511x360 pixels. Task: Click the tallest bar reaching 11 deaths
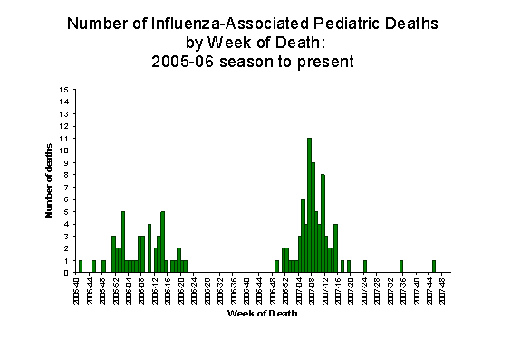[309, 205]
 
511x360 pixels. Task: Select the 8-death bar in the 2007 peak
[323, 223]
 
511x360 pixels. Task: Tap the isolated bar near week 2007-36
[401, 266]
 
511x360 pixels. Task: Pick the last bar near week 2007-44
[434, 266]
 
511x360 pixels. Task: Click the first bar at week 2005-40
[81, 266]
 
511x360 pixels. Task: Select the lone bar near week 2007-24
[365, 266]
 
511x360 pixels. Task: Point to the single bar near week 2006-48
[276, 266]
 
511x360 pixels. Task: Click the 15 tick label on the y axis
[64, 90]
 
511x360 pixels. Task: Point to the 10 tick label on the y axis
[64, 151]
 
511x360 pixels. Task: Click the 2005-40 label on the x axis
[77, 291]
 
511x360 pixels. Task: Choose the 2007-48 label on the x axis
[441, 291]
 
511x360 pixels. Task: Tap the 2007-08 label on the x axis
[311, 291]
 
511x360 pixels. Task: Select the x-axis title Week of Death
[259, 315]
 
